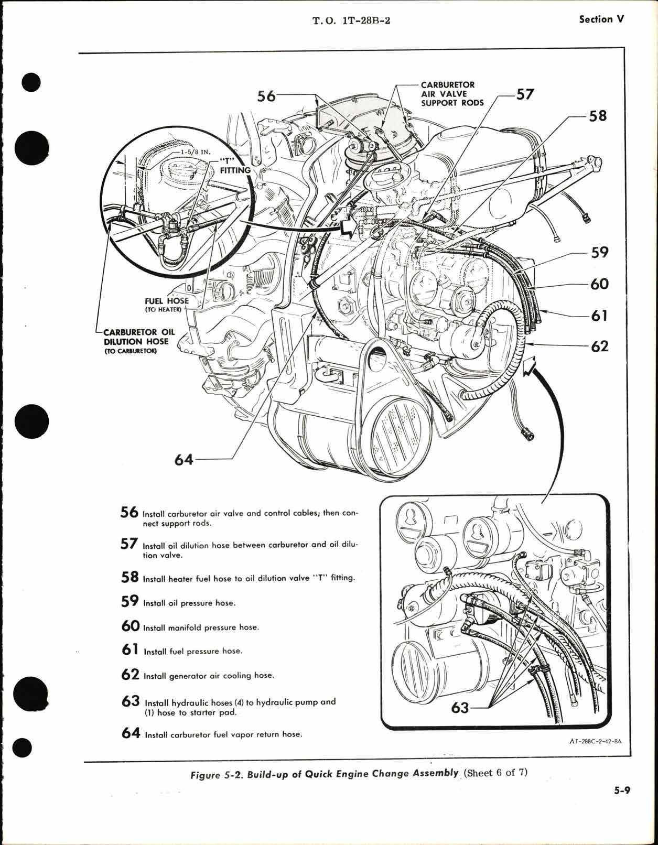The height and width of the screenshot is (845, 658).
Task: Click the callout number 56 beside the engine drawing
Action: click(266, 96)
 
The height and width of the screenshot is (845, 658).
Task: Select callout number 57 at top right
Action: click(525, 94)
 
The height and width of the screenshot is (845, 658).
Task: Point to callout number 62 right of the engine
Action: click(599, 346)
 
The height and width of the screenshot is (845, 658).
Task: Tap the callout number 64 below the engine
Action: click(184, 460)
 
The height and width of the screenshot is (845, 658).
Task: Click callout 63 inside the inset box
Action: click(460, 708)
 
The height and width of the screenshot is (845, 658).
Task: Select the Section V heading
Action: click(602, 19)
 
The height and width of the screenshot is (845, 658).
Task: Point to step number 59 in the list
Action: click(130, 601)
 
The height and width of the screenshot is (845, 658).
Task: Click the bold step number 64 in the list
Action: click(131, 733)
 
